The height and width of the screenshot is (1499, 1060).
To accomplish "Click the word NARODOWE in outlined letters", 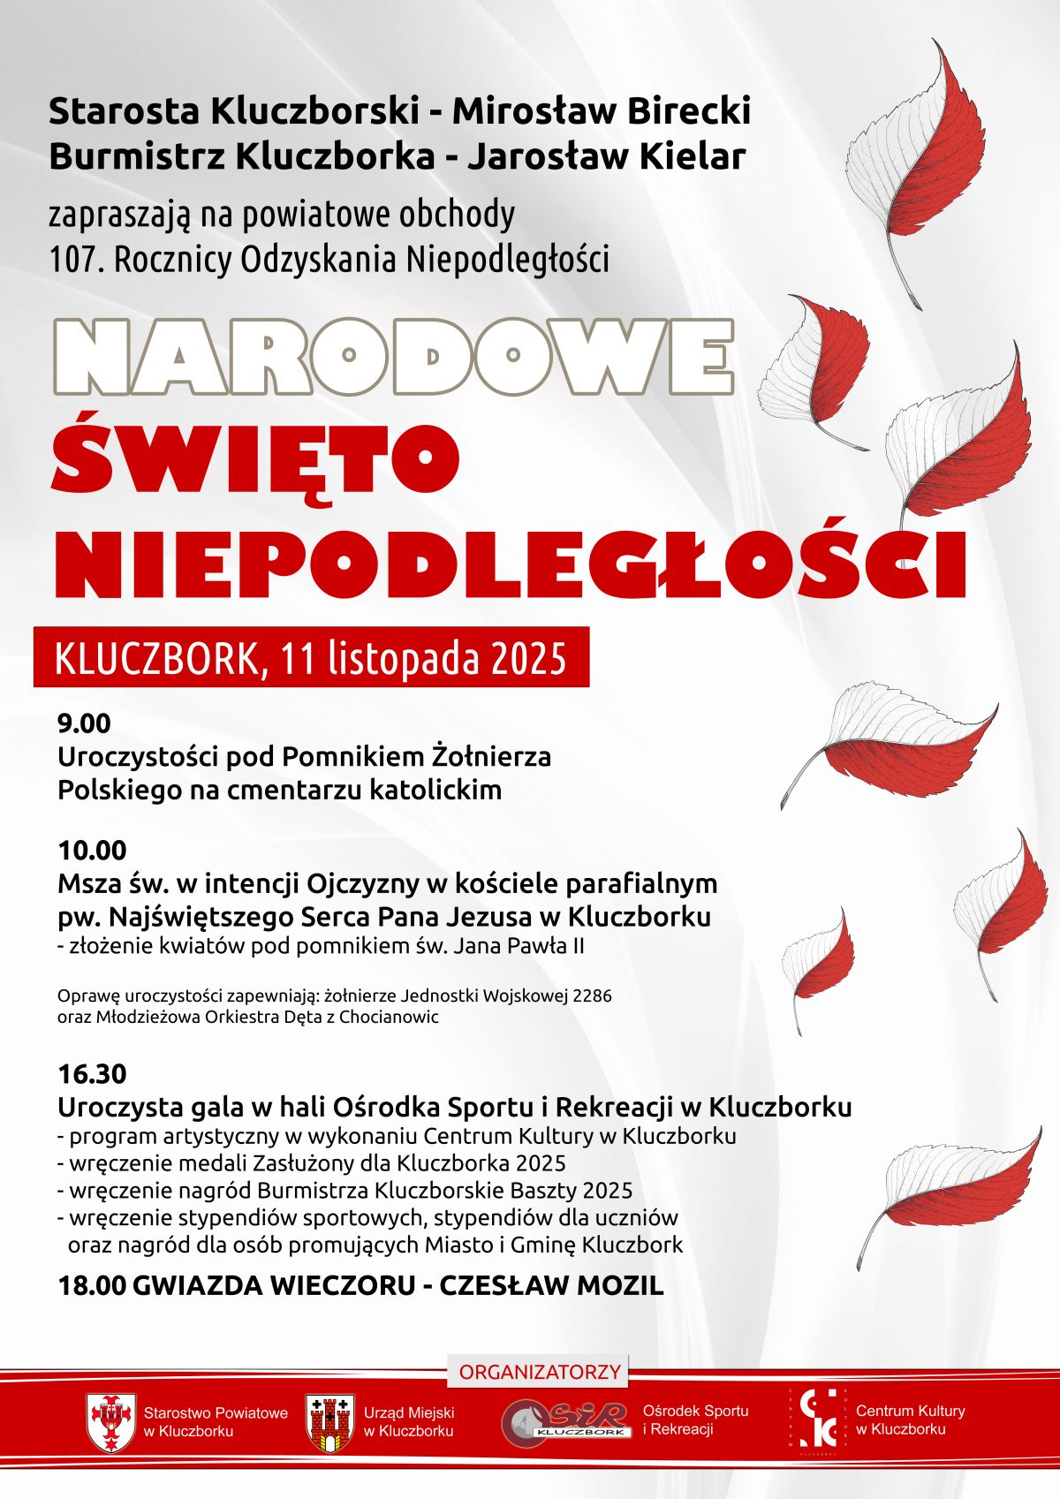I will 394,356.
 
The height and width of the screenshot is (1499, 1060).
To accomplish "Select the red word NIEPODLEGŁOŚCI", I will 511,562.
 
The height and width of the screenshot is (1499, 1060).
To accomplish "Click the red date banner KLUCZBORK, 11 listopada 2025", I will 311,657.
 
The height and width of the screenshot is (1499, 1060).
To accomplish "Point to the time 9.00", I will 85,723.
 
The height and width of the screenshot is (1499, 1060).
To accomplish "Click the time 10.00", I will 92,850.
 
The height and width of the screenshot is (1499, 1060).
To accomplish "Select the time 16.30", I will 92,1074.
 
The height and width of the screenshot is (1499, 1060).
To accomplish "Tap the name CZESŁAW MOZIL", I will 551,1285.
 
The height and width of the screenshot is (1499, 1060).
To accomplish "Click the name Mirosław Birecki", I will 602,111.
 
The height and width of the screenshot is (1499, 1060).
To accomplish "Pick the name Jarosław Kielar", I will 606,156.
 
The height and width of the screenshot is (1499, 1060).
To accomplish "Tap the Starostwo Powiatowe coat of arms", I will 110,1421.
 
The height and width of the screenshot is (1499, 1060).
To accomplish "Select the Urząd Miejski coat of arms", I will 330,1421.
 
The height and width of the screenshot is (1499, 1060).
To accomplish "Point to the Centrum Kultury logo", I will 817,1420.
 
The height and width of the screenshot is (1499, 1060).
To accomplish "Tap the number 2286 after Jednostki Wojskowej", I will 592,996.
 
